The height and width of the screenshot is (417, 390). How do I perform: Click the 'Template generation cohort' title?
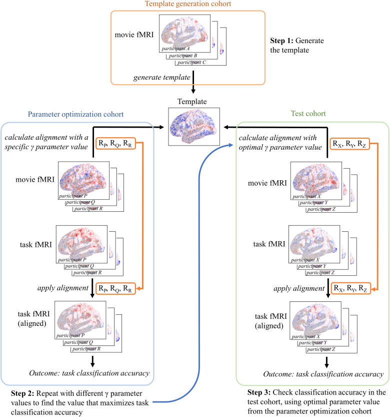pos(188,4)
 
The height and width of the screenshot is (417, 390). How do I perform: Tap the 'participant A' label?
pos(175,49)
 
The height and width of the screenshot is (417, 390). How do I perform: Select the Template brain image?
pos(194,127)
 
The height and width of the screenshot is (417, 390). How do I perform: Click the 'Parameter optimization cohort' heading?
pos(75,114)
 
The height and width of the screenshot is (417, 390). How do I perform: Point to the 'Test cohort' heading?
pos(308,114)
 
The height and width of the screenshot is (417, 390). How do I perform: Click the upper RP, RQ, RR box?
pos(115,143)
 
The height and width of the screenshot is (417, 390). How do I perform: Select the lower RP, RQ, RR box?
pos(115,288)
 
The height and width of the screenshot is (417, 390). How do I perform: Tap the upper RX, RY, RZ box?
pos(349,144)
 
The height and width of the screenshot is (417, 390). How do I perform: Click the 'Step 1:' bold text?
pos(281,41)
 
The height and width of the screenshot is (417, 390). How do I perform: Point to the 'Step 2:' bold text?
pos(22,393)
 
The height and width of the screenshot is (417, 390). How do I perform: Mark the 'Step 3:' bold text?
pos(259,392)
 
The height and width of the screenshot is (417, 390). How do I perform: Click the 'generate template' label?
pos(162,78)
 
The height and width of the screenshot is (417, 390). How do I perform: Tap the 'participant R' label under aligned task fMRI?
pos(86,349)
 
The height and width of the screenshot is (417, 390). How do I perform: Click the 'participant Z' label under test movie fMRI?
pos(321,209)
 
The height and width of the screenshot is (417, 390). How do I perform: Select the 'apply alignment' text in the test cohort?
pos(299,288)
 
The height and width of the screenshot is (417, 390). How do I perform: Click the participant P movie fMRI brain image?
pos(83,180)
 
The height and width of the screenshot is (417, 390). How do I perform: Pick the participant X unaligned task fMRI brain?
pos(314,244)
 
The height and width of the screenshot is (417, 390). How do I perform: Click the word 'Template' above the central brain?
pos(192,102)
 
